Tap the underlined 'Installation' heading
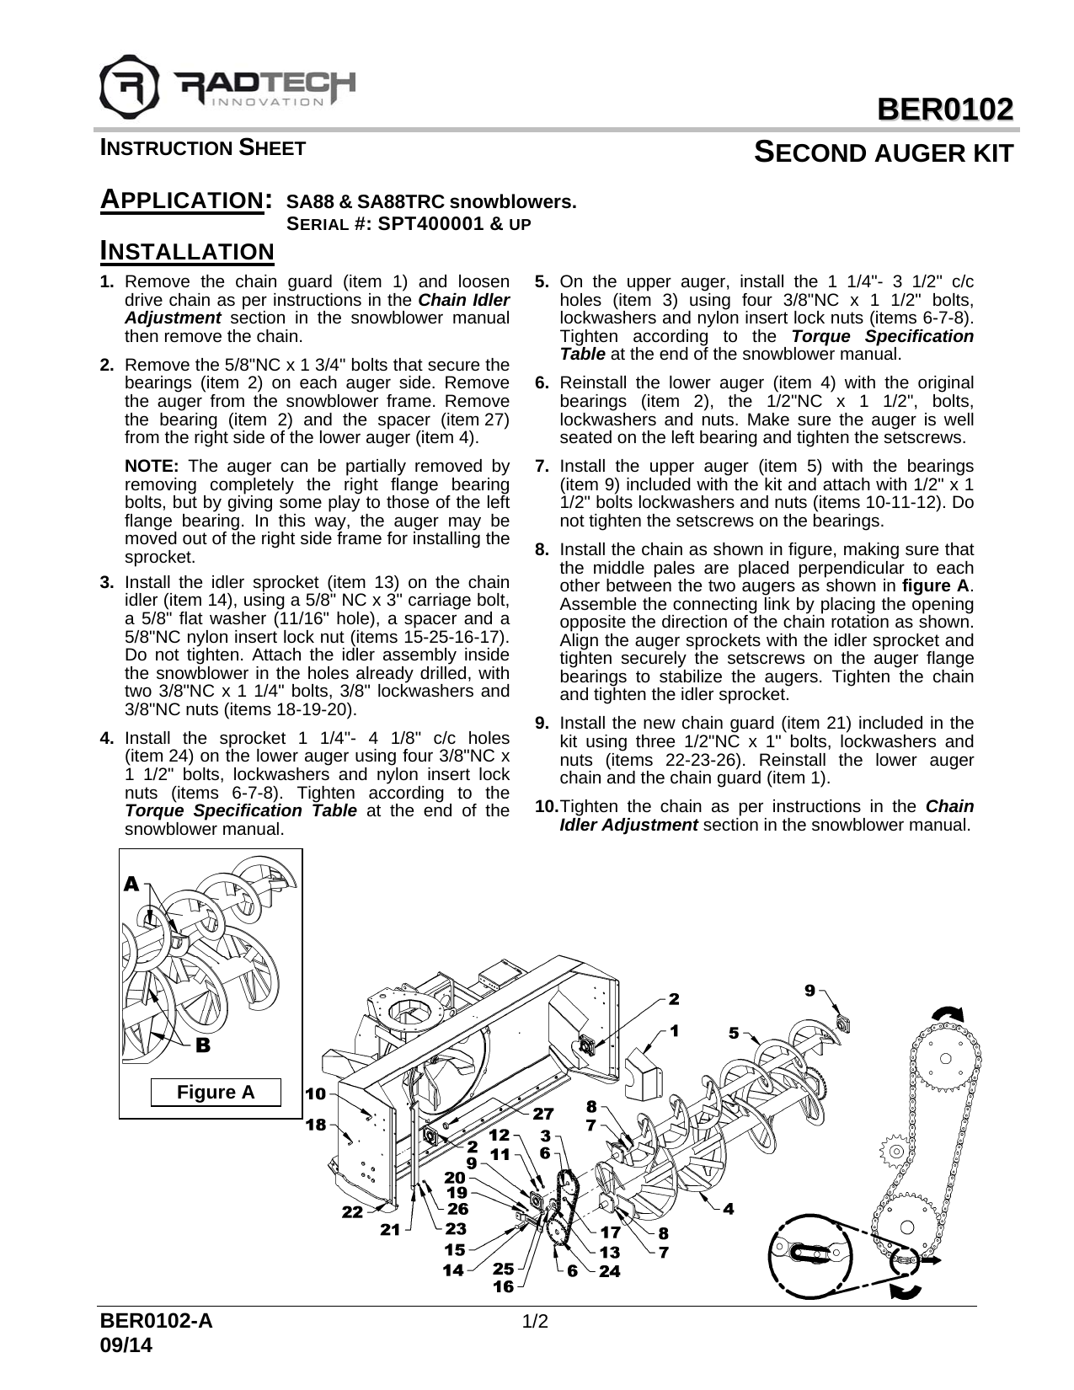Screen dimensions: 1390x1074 click(186, 251)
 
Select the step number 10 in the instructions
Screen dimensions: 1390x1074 click(547, 806)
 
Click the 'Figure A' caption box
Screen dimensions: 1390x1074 click(215, 1093)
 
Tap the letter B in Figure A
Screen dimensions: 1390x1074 click(202, 1045)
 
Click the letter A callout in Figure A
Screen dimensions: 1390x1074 click(131, 884)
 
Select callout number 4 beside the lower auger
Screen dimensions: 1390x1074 click(728, 1209)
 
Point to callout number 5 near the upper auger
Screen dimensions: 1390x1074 click(734, 1033)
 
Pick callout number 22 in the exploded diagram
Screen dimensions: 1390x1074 click(352, 1212)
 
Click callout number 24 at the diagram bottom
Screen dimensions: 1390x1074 click(609, 1270)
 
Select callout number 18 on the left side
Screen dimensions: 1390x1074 click(315, 1125)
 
